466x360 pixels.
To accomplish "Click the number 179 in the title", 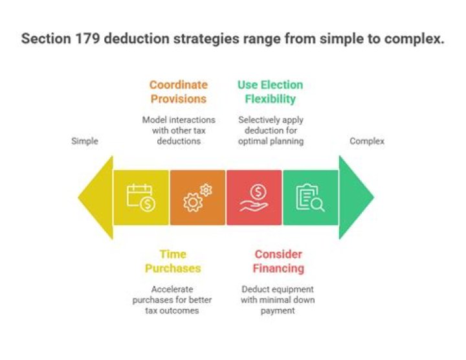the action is click(x=87, y=39).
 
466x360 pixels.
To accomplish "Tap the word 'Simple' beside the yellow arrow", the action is click(x=85, y=141).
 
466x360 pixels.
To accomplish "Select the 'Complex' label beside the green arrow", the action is click(x=367, y=141).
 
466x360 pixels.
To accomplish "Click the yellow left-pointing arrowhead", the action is click(x=96, y=197).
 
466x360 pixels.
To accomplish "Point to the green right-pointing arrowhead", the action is click(x=356, y=197).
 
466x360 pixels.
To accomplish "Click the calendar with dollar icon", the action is click(x=141, y=197).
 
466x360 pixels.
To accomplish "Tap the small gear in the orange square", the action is click(x=206, y=190).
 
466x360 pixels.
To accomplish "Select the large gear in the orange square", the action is click(x=193, y=203).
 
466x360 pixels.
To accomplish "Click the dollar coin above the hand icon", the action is click(x=258, y=192).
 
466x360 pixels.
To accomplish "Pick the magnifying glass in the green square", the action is click(x=317, y=205).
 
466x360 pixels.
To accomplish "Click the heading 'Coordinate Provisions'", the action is click(x=179, y=92).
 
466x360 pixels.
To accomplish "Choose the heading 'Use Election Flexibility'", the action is click(x=270, y=92).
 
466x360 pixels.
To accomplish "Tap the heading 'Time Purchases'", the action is click(x=173, y=262).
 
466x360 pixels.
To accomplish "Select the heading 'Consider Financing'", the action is click(x=278, y=262).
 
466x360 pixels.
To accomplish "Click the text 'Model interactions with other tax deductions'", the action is click(x=179, y=130).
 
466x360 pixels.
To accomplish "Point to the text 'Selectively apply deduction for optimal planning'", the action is click(x=271, y=130).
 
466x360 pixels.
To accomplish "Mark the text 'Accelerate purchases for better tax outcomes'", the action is click(x=172, y=300).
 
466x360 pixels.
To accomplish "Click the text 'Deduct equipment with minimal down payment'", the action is click(x=278, y=300).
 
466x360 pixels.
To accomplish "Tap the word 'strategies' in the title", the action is click(x=206, y=39).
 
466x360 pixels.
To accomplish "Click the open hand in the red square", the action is click(x=254, y=206).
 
